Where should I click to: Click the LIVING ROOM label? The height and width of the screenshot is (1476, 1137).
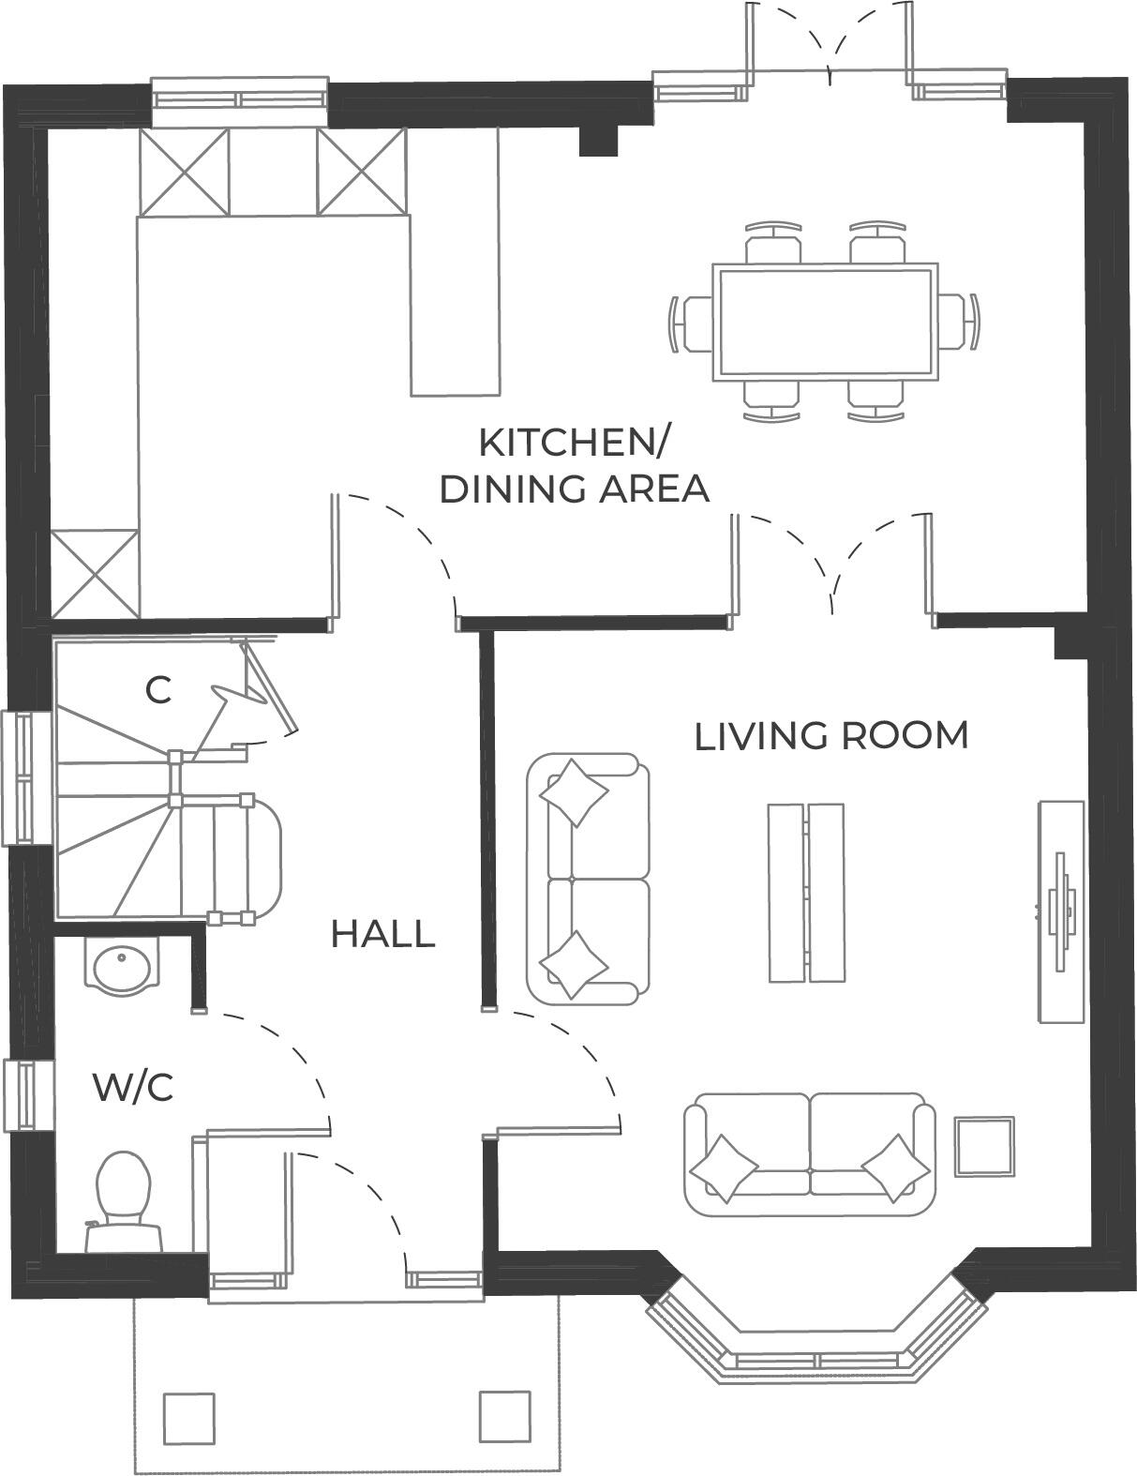pos(830,736)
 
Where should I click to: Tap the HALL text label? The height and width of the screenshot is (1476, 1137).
pos(382,934)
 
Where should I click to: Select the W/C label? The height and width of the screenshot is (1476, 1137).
pos(133,1089)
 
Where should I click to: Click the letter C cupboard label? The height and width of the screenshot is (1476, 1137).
pos(158,691)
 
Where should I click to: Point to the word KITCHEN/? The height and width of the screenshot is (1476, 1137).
pos(575,443)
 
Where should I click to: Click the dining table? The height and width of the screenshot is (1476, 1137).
pos(824,323)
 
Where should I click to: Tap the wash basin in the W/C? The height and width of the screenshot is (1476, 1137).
pos(121,965)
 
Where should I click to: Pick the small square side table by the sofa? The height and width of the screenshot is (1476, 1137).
pos(984,1146)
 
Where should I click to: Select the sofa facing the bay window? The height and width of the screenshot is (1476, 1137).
pos(810,1153)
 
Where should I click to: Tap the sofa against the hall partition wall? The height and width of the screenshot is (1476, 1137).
pos(588,878)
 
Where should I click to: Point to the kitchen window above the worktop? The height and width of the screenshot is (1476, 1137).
pos(239,99)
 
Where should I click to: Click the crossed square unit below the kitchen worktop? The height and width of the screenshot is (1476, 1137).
pos(95,573)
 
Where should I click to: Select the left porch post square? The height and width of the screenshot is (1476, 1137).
pos(188,1418)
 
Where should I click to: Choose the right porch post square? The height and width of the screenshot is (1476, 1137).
pos(505,1416)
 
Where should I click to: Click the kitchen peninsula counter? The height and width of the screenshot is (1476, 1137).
pos(455,263)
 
